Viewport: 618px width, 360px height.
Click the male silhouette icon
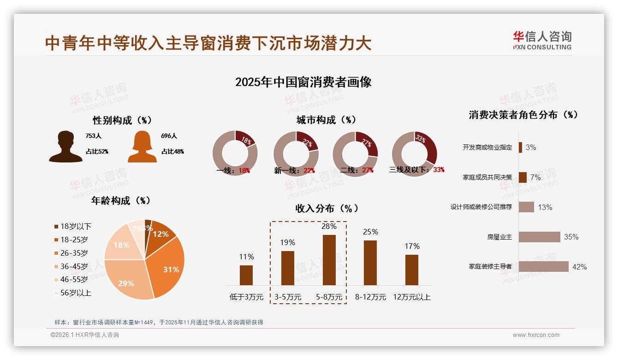(65, 146)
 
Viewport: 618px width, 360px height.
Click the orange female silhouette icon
(142, 146)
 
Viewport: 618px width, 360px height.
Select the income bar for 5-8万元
(329, 260)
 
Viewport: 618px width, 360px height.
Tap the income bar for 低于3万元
(246, 275)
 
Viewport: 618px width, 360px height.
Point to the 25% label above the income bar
(370, 232)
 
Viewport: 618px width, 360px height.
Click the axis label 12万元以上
(411, 297)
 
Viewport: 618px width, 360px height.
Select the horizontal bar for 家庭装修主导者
(543, 267)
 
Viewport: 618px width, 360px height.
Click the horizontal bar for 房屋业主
(539, 237)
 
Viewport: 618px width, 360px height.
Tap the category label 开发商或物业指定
(487, 147)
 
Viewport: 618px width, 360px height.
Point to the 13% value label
(545, 207)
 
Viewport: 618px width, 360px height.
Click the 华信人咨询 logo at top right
(542, 40)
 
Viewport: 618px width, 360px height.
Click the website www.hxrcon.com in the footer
(536, 335)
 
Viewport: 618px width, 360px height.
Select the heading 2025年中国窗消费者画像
(303, 82)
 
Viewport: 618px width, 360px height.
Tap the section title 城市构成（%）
(326, 120)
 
